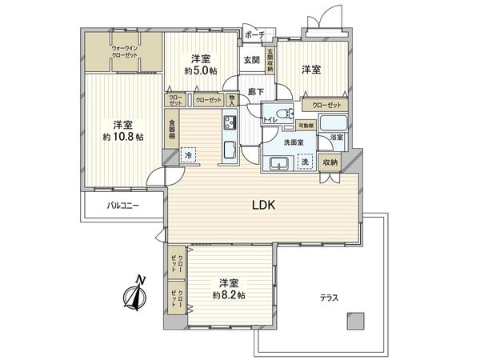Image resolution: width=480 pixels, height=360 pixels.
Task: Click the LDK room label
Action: click(264, 204)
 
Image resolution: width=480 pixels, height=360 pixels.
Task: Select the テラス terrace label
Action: click(330, 298)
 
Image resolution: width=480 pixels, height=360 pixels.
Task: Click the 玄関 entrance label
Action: click(251, 61)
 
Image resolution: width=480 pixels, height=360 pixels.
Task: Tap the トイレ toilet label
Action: click(270, 121)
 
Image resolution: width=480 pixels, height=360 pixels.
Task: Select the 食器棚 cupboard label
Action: click(172, 130)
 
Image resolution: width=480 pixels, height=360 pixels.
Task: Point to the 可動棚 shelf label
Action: click(305, 126)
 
